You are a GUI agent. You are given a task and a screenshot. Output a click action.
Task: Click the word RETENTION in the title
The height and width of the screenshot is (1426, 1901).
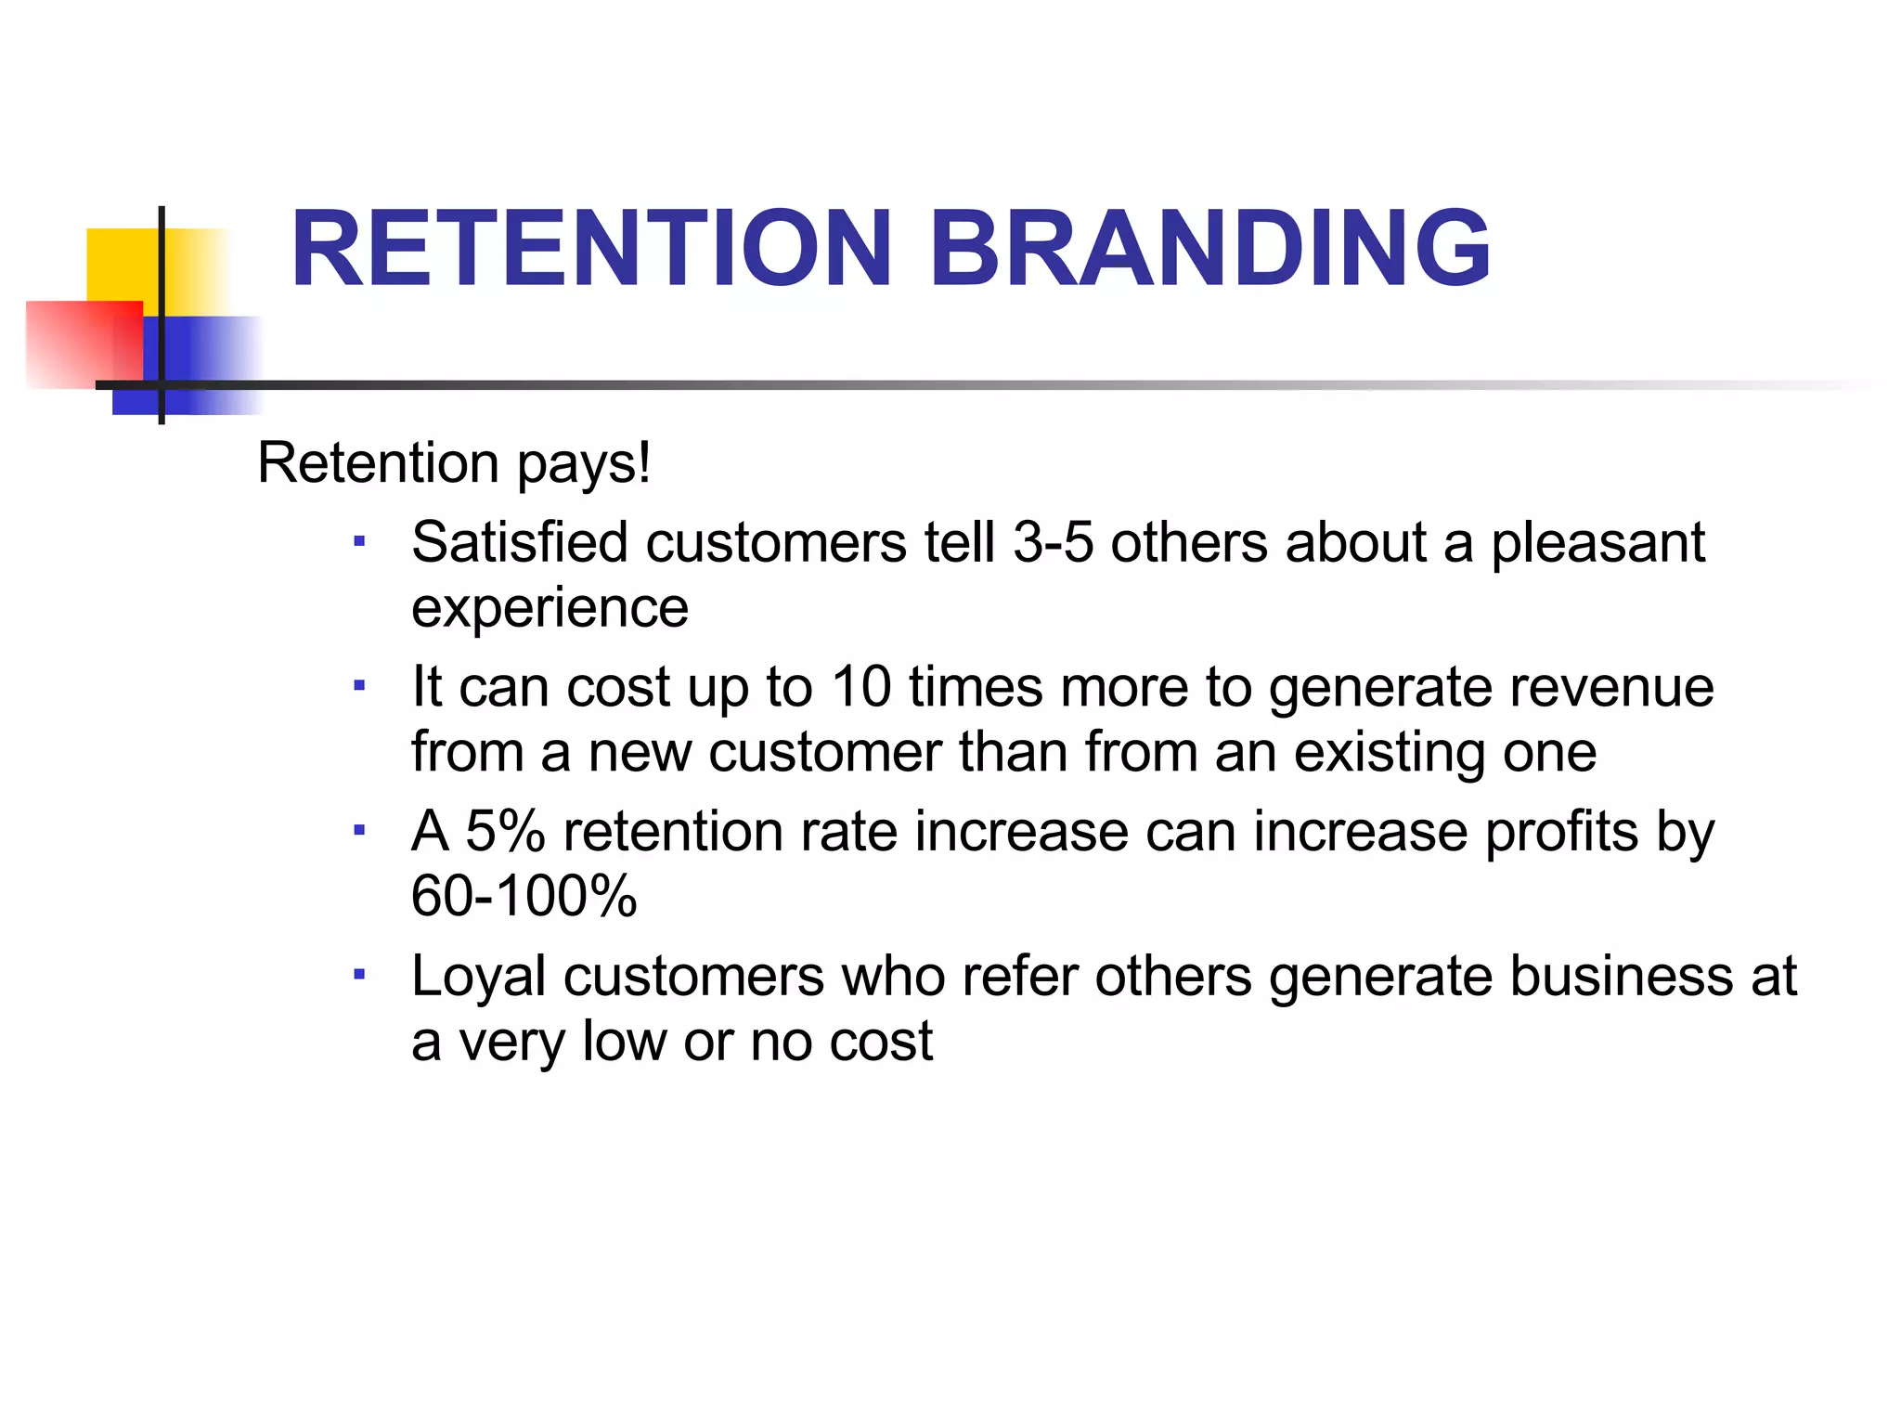click(x=591, y=248)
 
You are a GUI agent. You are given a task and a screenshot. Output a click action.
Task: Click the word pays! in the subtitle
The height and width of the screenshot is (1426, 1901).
click(x=584, y=463)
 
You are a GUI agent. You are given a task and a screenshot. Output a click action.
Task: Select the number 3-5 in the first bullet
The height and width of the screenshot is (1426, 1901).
click(x=1053, y=542)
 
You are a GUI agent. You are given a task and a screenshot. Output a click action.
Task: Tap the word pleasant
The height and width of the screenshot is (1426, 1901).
click(x=1597, y=542)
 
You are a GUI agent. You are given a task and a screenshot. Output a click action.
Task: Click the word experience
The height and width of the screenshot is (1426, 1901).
click(x=550, y=608)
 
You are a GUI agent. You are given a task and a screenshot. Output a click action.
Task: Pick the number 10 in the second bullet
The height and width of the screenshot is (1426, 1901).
click(x=860, y=687)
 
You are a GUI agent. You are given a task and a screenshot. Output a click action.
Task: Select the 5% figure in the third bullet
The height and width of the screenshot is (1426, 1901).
click(x=505, y=831)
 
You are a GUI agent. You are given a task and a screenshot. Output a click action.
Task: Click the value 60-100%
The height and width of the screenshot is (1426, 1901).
click(x=524, y=897)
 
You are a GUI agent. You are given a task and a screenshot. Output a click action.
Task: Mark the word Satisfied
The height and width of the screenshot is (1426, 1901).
click(x=520, y=542)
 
